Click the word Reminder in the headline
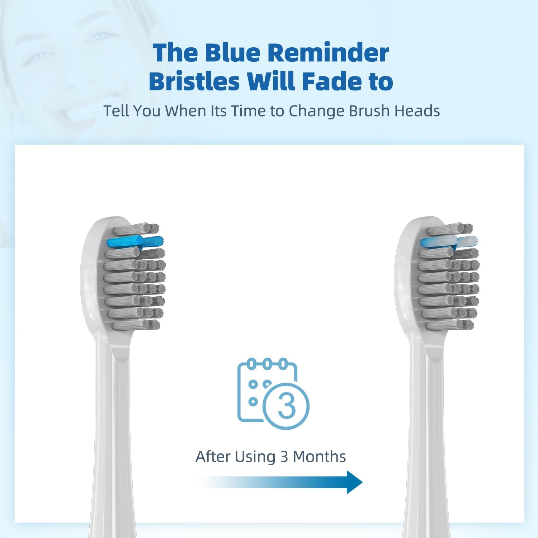[328, 53]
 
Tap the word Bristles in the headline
[194, 81]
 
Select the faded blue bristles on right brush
[449, 242]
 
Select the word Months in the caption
[319, 457]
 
